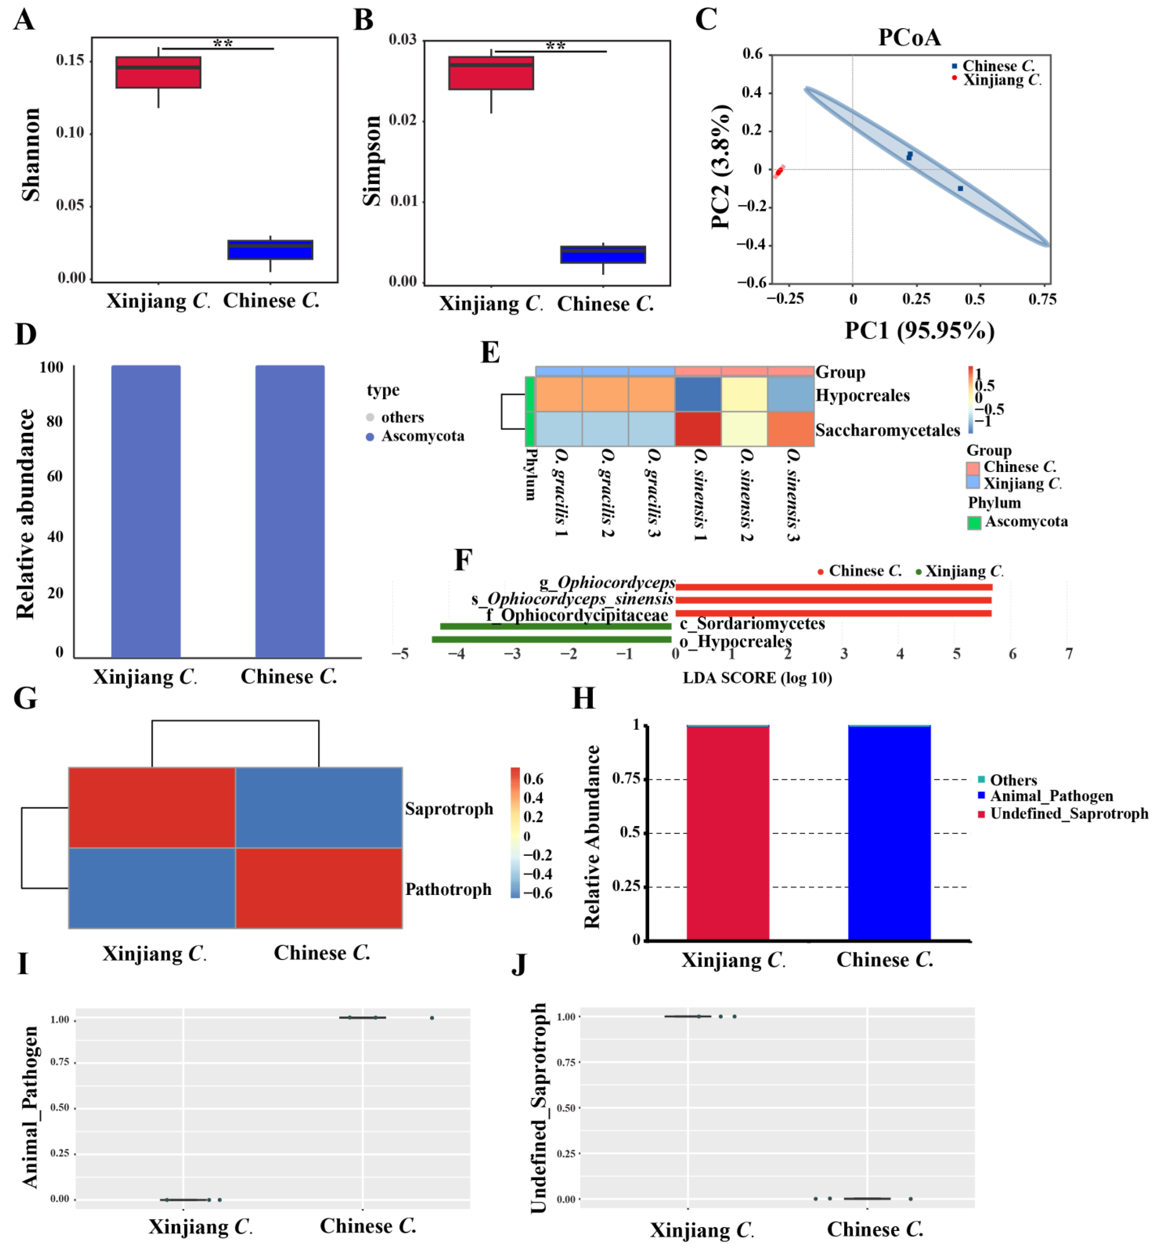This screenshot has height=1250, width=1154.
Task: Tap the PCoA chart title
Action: (909, 38)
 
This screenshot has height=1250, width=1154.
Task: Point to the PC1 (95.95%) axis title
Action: (919, 330)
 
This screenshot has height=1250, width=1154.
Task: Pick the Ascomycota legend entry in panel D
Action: (415, 436)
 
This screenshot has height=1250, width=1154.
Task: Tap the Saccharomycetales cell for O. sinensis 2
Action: (744, 429)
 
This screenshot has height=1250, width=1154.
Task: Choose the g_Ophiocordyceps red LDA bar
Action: (834, 587)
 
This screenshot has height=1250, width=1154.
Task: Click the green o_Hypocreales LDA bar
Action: (551, 639)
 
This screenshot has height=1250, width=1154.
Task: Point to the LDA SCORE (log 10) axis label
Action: (758, 678)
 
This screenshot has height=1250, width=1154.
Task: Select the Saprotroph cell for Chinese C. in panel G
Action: (318, 807)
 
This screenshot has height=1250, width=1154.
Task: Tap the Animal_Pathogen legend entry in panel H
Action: (1045, 796)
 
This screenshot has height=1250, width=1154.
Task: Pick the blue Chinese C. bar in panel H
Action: (889, 833)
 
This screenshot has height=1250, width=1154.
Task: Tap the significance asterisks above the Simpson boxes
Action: (555, 46)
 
